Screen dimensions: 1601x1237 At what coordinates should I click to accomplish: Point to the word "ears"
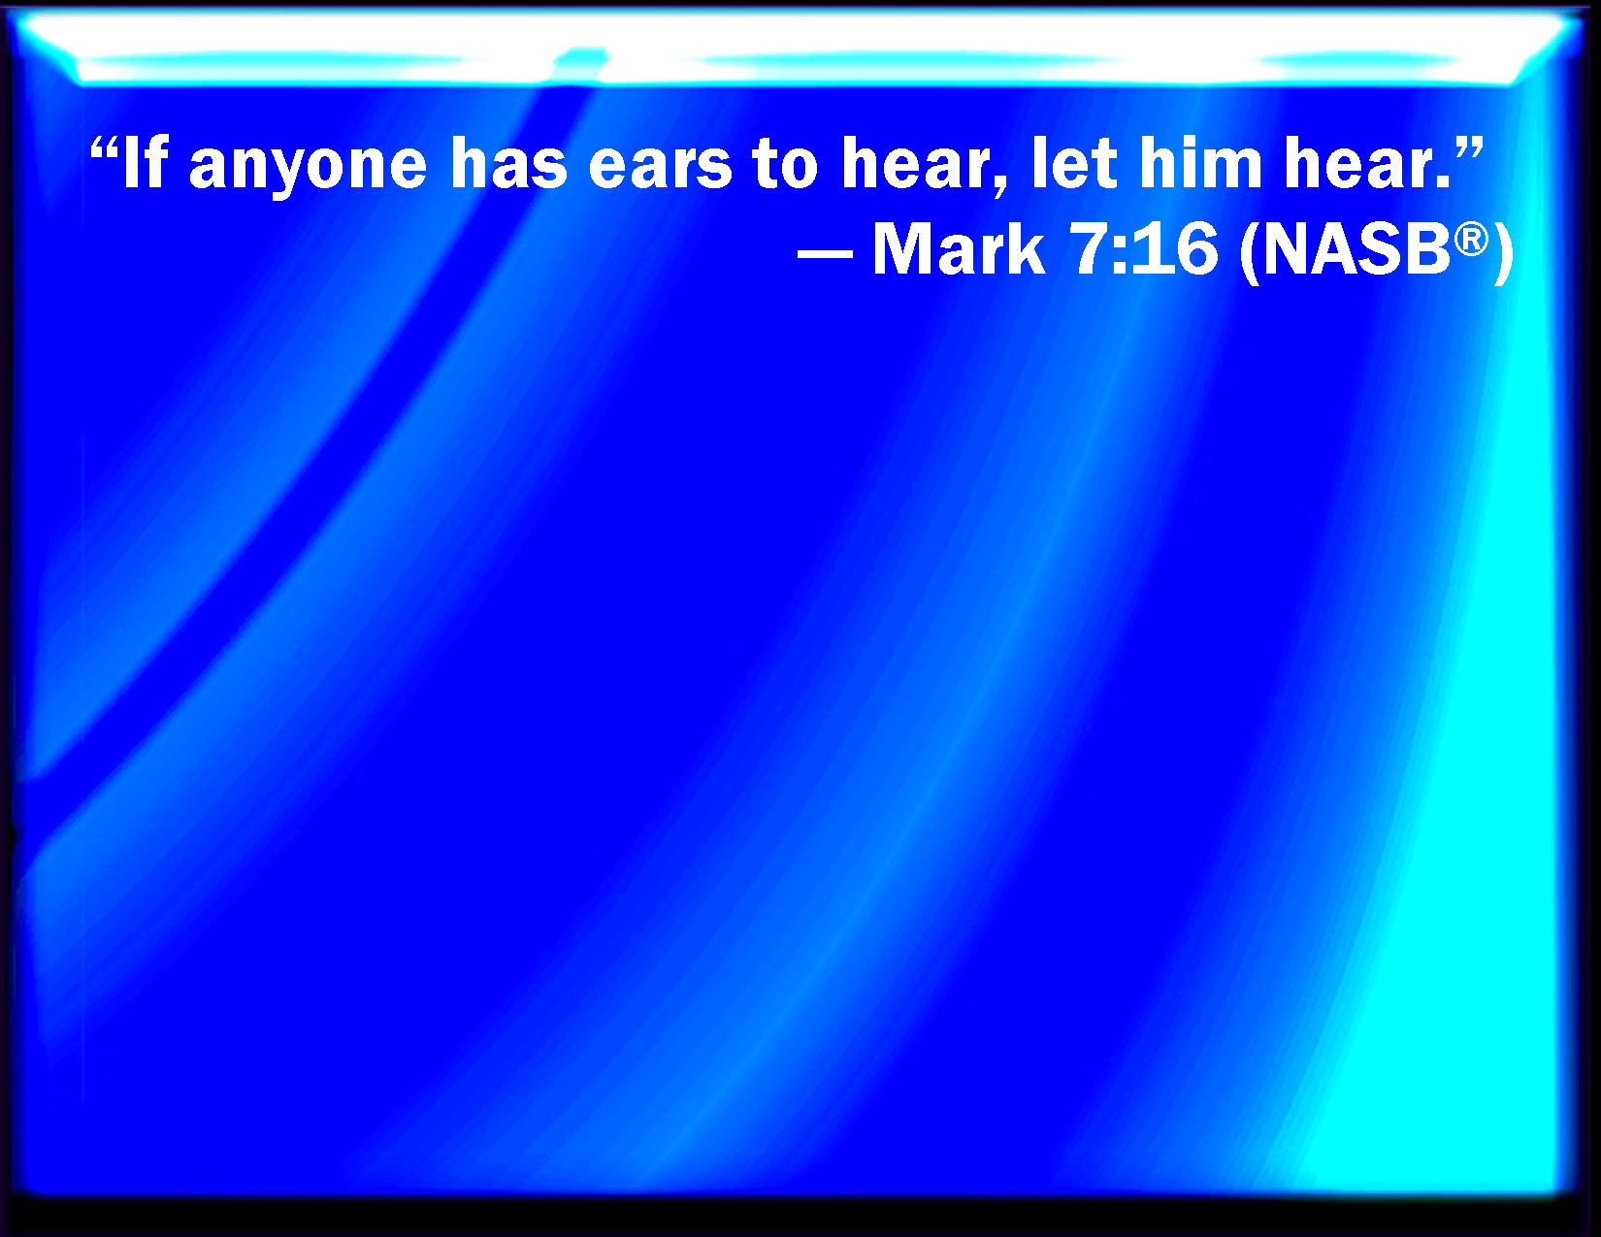coord(660,167)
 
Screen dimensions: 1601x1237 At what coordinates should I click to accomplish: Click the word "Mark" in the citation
coord(959,249)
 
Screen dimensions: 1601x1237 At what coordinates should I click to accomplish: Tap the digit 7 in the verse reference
coord(1087,249)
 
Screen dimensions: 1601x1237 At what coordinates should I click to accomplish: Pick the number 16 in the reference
coord(1174,249)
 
